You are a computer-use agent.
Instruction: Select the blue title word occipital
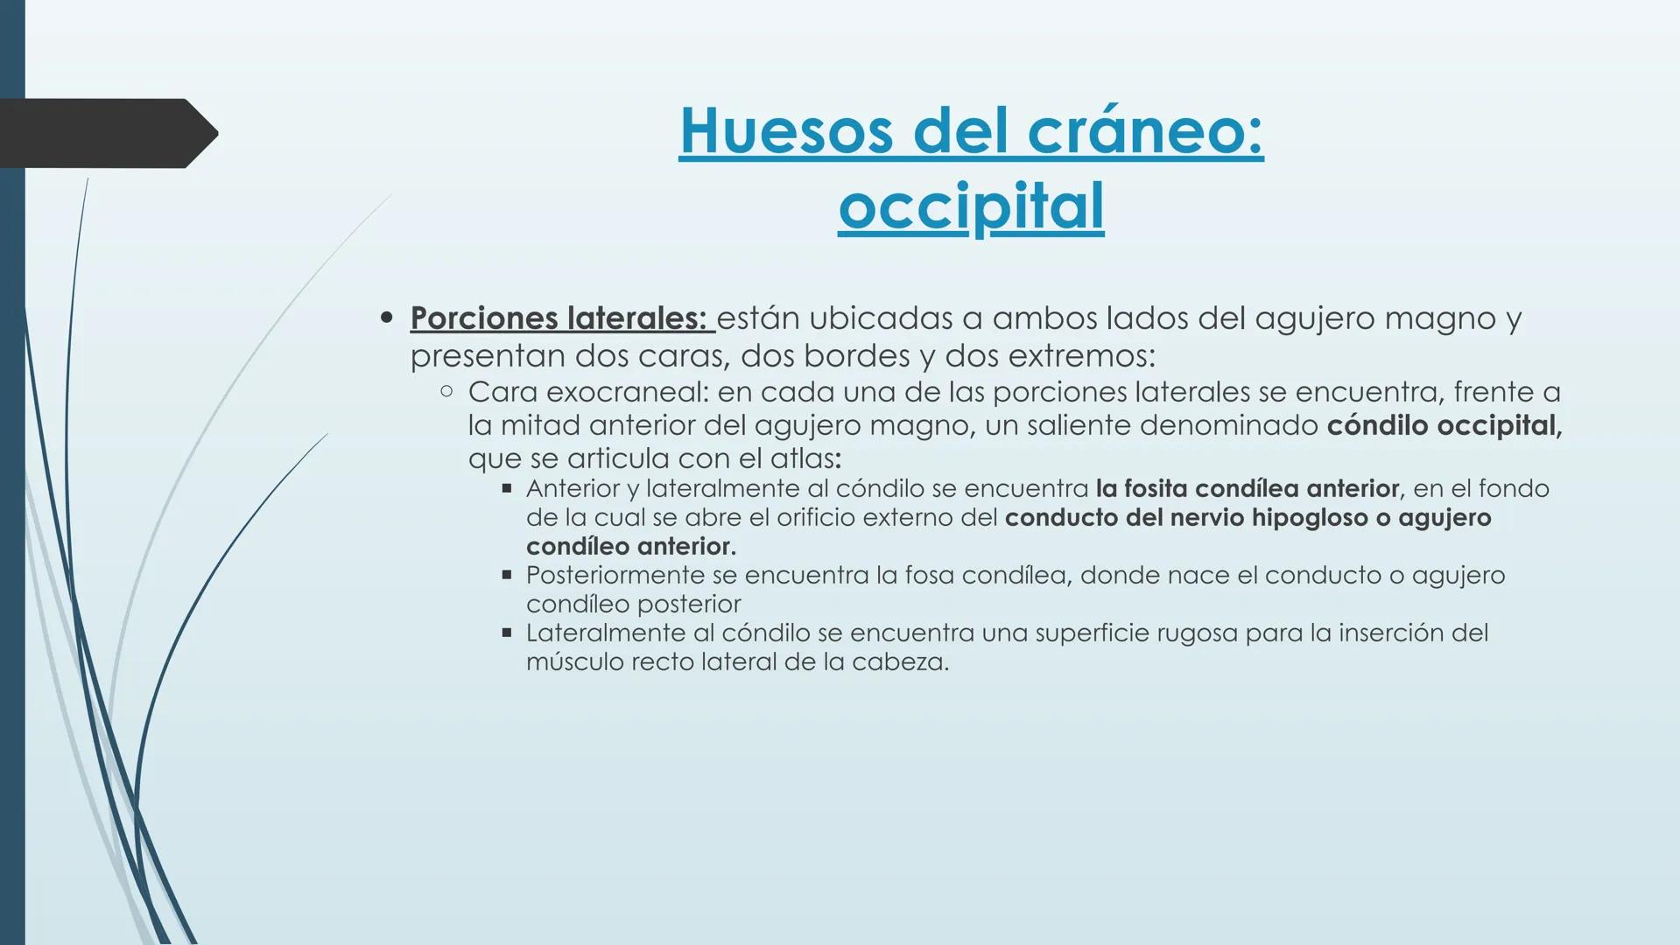971,206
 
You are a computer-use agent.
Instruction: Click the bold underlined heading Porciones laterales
559,318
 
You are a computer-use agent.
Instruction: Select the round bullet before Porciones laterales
387,318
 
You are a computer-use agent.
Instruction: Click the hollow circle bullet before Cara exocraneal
446,392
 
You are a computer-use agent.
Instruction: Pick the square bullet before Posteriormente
506,575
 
